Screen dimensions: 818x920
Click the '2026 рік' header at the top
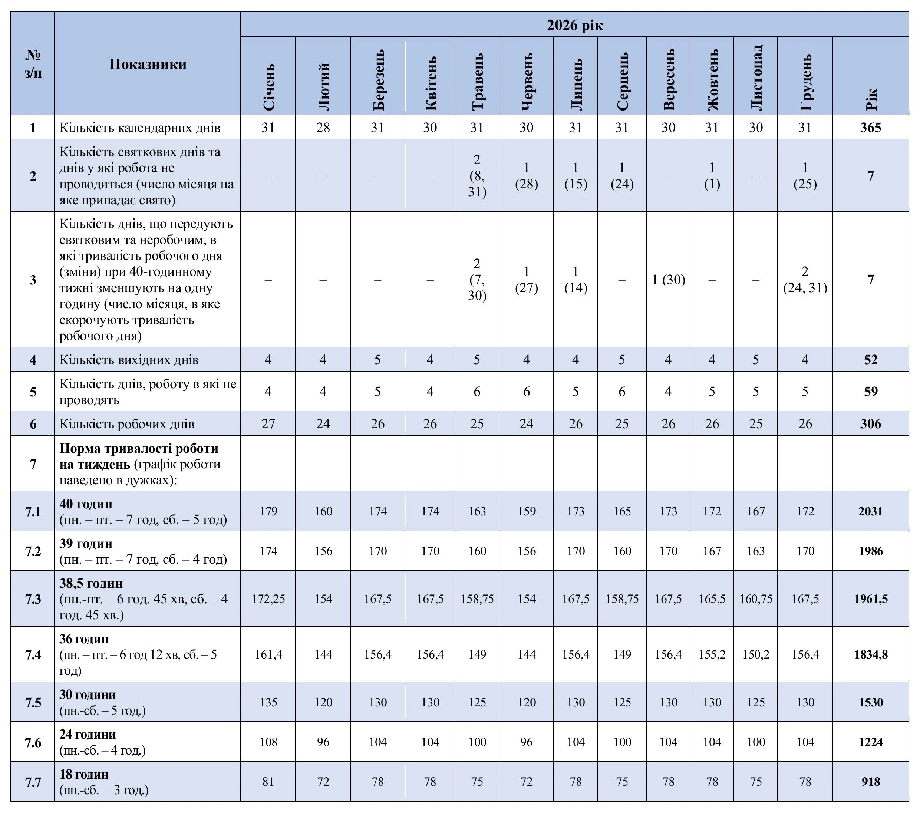(575, 25)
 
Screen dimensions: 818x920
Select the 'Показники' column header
(148, 64)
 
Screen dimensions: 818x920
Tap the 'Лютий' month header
(323, 86)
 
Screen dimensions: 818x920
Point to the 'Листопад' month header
(756, 77)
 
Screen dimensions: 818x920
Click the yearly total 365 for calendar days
(870, 128)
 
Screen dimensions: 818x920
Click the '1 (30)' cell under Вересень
(668, 280)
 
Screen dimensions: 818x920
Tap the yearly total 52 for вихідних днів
(870, 359)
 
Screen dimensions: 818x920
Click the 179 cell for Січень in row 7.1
(268, 511)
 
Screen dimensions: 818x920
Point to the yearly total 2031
(870, 511)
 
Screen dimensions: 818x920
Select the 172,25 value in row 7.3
(268, 599)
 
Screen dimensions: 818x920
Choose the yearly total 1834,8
(870, 654)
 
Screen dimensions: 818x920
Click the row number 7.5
(33, 702)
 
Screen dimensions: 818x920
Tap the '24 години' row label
(88, 734)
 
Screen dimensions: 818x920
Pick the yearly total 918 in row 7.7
(870, 782)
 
